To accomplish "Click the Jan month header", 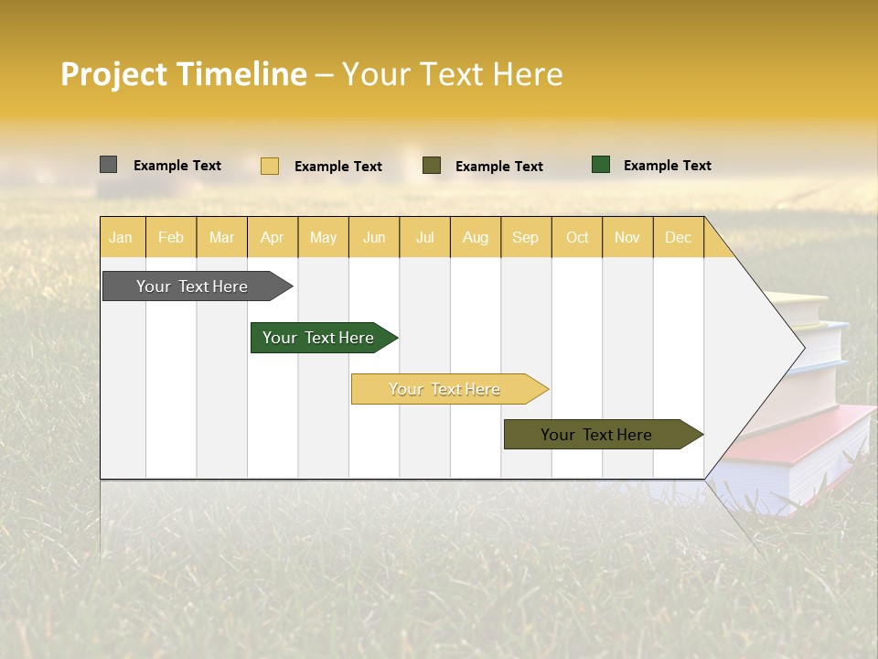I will [121, 237].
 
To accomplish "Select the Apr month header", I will [273, 237].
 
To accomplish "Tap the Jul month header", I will [424, 237].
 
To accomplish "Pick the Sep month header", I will [526, 237].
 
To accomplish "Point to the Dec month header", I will [678, 237].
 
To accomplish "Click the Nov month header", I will [627, 237].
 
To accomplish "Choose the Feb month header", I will [171, 237].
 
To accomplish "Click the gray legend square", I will [108, 165].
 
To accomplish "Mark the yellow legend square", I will [270, 166].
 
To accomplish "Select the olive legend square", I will [432, 166].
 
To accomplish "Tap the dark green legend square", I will [601, 165].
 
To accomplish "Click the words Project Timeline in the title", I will [184, 74].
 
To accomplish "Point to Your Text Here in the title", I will [452, 74].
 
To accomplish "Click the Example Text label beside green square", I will [667, 166].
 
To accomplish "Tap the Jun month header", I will [374, 237].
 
